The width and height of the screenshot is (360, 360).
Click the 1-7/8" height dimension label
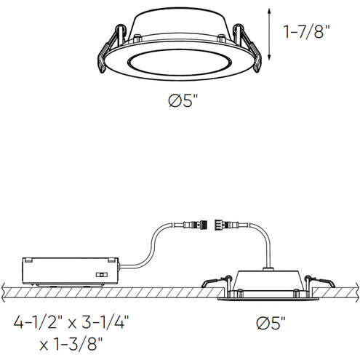[306, 32]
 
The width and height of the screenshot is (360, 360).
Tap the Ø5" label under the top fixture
[183, 100]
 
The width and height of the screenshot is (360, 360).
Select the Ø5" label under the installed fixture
[271, 323]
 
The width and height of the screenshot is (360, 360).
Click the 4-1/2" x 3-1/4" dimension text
[71, 321]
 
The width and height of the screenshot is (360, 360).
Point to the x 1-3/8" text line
[71, 344]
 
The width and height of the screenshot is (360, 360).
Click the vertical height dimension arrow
[269, 33]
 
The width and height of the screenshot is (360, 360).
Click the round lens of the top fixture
[179, 63]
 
